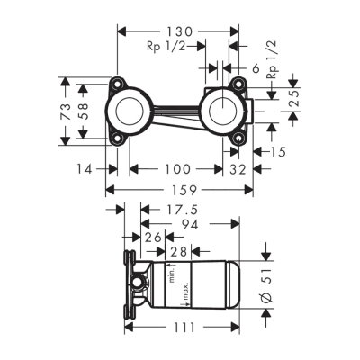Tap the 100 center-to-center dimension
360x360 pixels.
(178, 168)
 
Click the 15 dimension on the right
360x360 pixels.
(277, 152)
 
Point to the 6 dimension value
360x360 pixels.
(255, 67)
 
